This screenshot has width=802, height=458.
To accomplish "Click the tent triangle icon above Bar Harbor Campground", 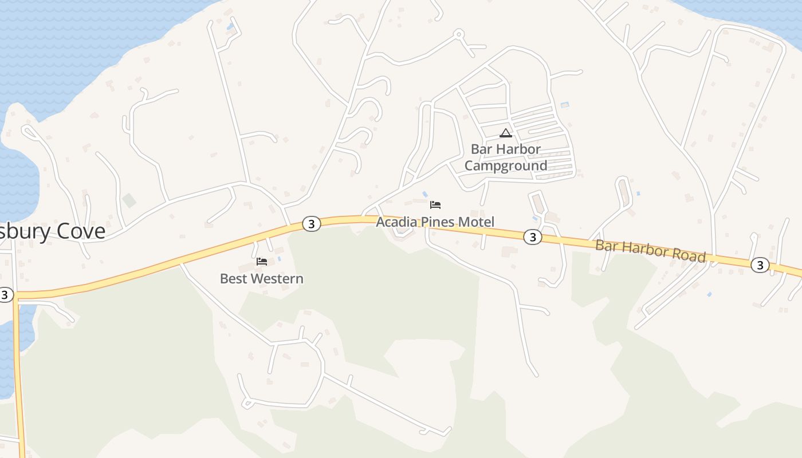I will [505, 133].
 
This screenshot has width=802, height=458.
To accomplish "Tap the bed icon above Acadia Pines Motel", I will [435, 204].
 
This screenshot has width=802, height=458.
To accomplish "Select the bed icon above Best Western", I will [262, 262].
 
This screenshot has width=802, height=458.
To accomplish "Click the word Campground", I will [505, 165].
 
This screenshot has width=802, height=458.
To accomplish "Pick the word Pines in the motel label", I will [438, 222].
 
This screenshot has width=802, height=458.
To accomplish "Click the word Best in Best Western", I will [234, 279].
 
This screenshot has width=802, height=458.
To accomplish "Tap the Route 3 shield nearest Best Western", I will [311, 224].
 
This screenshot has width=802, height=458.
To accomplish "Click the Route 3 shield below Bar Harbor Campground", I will [533, 236].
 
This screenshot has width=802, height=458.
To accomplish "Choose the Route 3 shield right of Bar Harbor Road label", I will [760, 264].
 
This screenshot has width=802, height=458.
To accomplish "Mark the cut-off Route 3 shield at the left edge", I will [5, 295].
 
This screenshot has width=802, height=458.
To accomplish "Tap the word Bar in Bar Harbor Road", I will [604, 244].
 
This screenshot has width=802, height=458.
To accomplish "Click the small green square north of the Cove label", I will [129, 200].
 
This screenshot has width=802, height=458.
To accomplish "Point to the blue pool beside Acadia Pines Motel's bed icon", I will [424, 195].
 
